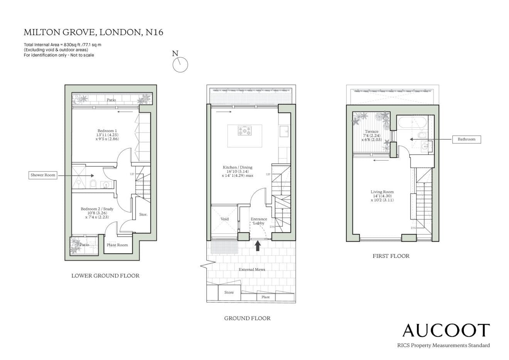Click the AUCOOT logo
pos(446,330)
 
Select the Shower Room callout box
pos(43,175)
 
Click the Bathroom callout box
pos(466,139)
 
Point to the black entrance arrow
pos(258,246)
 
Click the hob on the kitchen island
pos(245,130)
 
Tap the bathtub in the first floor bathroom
pos(412,122)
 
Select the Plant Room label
pos(117,245)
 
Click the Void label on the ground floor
pos(224,219)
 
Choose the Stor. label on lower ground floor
pos(143,215)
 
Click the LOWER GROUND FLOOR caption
pos(105,275)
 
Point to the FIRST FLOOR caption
pos(391,256)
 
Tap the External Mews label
pos(252,269)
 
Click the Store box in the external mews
pos(229,293)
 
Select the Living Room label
pos(382,192)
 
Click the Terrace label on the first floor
pos(372,132)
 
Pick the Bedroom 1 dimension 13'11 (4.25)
pos(107,135)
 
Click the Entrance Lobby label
pos(259,221)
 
